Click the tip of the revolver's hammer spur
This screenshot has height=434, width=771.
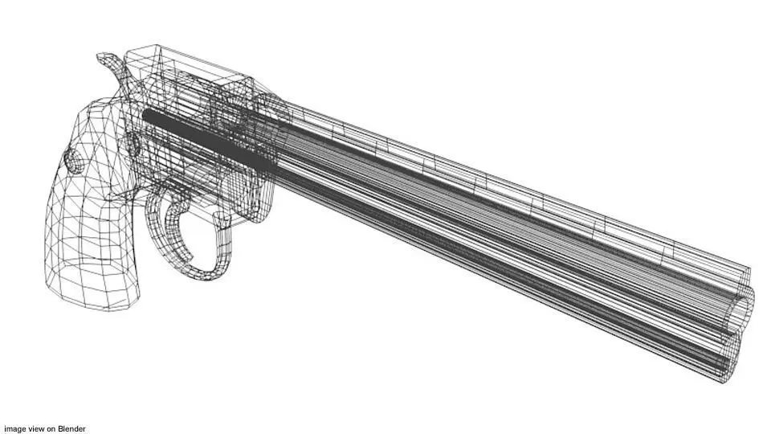[x=100, y=57]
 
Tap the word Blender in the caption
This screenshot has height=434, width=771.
[x=71, y=428]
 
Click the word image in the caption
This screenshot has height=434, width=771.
[x=14, y=428]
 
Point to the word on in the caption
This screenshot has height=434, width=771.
[x=51, y=428]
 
